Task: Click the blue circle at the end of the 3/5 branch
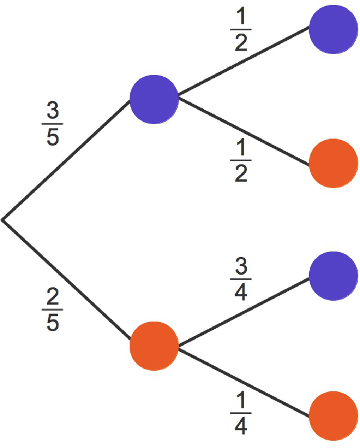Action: (x=154, y=99)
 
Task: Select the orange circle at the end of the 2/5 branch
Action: (x=154, y=346)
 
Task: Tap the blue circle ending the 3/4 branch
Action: (x=333, y=276)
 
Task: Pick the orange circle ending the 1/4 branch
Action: (x=333, y=416)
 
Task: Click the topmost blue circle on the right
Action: (x=333, y=29)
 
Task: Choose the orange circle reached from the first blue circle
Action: (x=333, y=163)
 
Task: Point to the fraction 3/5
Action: (x=53, y=124)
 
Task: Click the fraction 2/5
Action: (x=53, y=310)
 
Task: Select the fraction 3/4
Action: (x=241, y=279)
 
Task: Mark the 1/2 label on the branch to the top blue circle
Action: (x=241, y=30)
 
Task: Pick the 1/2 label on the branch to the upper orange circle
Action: (x=241, y=161)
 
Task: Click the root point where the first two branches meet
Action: (x=3, y=220)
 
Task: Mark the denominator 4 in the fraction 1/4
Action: (x=241, y=426)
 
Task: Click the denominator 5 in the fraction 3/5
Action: (x=53, y=137)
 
